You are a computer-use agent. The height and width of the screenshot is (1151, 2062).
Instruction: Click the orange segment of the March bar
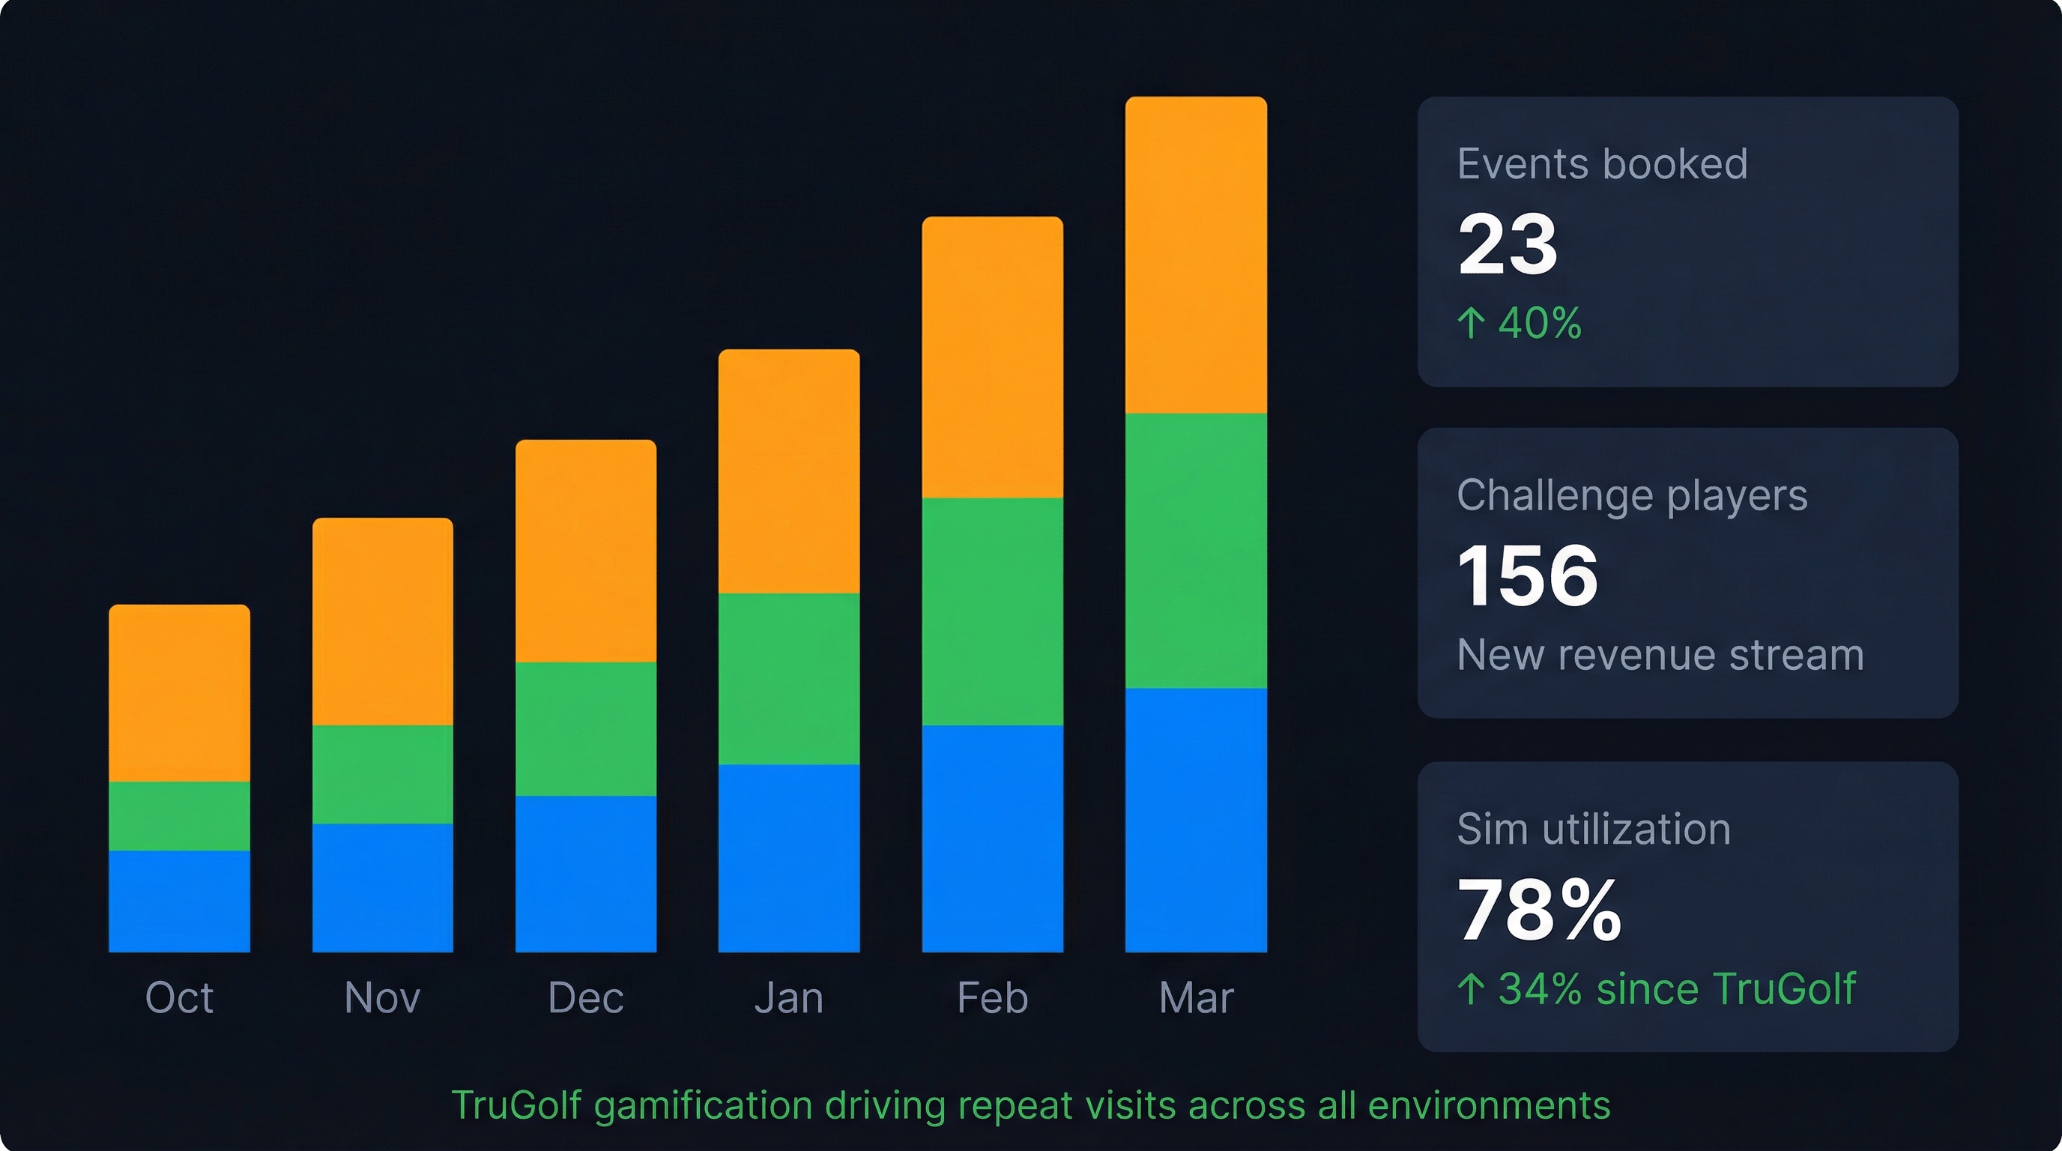click(1196, 255)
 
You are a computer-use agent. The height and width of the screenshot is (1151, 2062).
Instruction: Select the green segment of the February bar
click(993, 611)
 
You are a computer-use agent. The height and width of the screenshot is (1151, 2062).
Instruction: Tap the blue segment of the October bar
click(179, 901)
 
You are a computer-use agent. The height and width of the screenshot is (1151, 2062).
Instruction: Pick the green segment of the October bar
click(179, 815)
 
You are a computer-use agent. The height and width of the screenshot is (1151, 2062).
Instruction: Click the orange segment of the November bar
click(383, 621)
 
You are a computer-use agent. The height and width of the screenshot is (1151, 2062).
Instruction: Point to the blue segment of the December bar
click(586, 874)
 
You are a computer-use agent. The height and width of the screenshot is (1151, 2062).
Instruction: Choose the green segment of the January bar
click(789, 679)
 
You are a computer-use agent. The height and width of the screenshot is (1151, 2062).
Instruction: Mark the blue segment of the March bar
click(1196, 821)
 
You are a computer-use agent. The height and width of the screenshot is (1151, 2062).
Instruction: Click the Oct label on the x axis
click(179, 998)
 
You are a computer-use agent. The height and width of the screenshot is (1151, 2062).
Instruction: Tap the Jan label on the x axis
click(789, 998)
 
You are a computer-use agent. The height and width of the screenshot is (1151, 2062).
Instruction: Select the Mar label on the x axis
click(1196, 998)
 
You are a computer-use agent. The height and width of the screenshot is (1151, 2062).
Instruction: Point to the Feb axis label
click(993, 998)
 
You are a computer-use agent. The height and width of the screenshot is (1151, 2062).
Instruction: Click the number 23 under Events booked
click(1508, 244)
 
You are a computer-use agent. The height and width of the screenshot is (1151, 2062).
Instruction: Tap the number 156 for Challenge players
click(1527, 575)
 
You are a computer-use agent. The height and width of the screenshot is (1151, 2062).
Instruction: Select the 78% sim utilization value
click(1538, 910)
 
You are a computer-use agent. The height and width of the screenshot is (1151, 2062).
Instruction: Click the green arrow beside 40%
click(1472, 324)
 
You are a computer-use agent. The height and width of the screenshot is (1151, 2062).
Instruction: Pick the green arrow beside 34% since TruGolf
click(1472, 989)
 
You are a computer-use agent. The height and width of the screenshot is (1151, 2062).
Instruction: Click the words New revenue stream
click(1660, 655)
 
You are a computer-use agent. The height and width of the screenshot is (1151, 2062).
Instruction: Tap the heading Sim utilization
click(1593, 830)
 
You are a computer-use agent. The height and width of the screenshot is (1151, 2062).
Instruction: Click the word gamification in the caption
click(704, 1106)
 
